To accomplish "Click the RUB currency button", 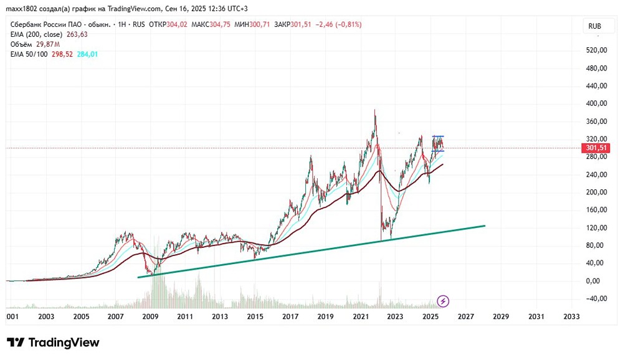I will click(x=594, y=26).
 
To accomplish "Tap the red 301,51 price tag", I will click(x=596, y=148).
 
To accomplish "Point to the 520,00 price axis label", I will click(x=596, y=50).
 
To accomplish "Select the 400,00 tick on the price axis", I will click(x=596, y=103).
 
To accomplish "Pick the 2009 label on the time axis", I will click(x=149, y=316).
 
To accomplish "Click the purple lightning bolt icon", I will click(x=443, y=301).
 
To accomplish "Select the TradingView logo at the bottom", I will click(x=53, y=343).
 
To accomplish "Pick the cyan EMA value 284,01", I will click(x=85, y=54).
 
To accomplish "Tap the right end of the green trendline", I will click(x=484, y=225).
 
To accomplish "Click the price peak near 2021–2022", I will click(x=374, y=111).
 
